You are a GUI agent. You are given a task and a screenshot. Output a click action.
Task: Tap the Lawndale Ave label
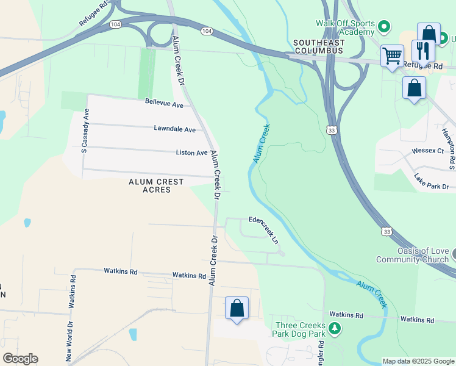tap(174, 129)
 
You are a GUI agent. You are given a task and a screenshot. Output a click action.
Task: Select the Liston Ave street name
tap(191, 152)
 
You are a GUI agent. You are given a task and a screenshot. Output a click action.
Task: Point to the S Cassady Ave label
tap(86, 131)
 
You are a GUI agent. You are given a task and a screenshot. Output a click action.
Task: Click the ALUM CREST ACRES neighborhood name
tap(148, 186)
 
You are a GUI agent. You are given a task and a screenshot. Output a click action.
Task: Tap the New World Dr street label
tap(69, 341)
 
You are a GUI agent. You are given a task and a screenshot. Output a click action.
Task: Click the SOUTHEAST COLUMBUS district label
tap(318, 47)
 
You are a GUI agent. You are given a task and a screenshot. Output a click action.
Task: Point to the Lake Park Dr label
tap(431, 181)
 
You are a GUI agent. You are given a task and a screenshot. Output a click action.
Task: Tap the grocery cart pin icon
tap(392, 56)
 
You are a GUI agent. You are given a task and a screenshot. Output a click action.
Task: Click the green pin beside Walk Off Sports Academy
tap(384, 26)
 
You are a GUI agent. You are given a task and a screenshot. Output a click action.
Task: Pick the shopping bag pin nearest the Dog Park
tap(237, 308)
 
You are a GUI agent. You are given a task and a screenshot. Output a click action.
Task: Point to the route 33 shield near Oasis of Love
tap(387, 231)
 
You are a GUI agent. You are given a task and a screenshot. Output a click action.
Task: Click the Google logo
tap(20, 359)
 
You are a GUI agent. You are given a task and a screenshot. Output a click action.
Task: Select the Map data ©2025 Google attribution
tap(418, 361)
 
